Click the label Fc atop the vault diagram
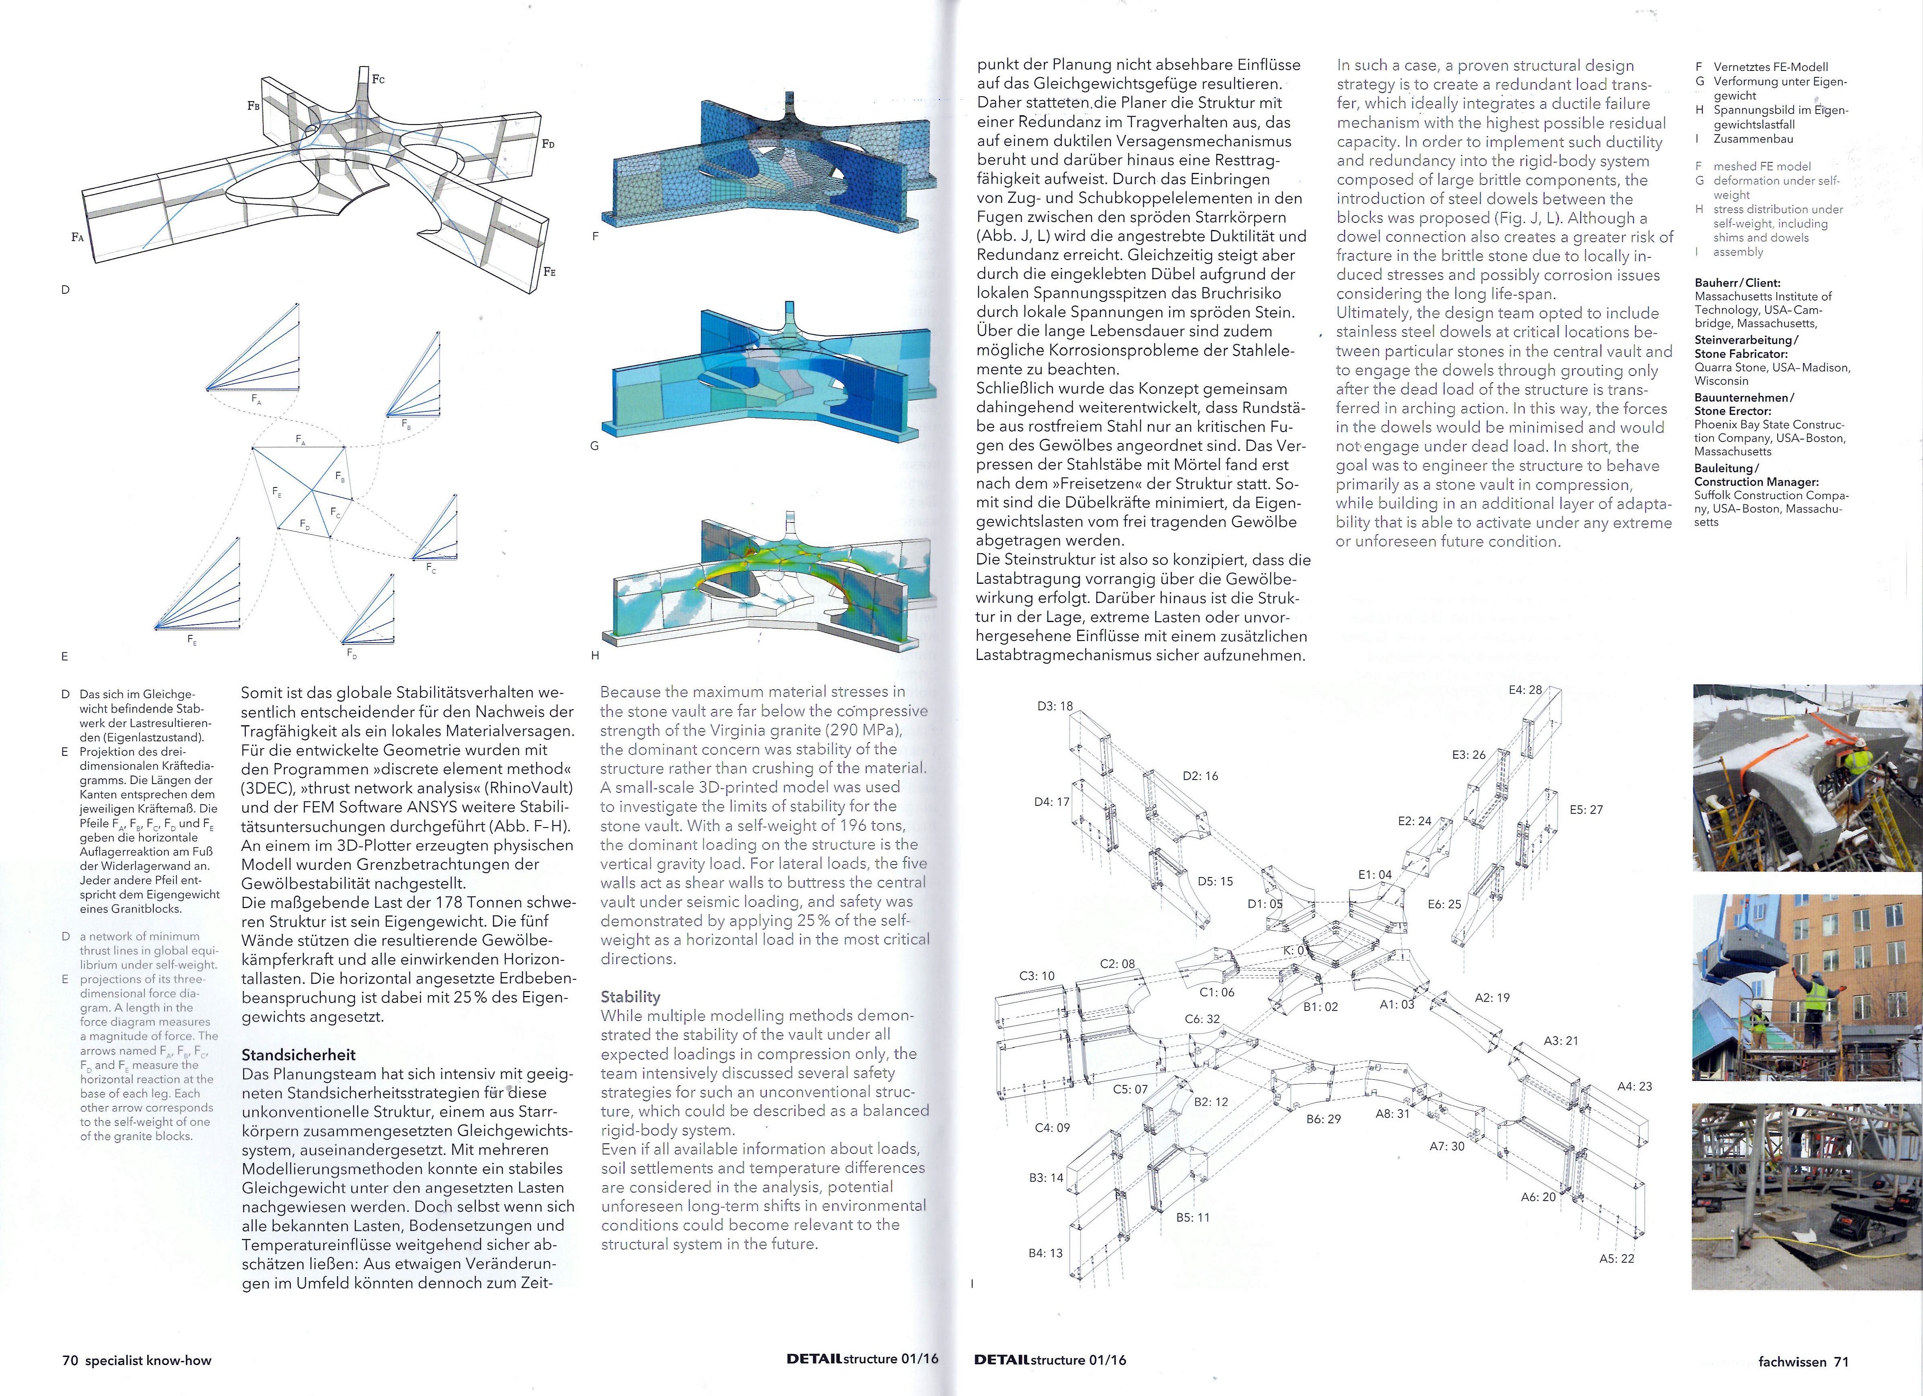click(x=378, y=80)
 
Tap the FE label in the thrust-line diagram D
click(x=549, y=272)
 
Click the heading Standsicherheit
click(x=299, y=1054)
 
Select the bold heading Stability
click(x=630, y=997)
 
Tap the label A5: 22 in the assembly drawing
click(x=1616, y=1259)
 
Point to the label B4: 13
click(x=1045, y=1253)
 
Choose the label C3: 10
click(x=1036, y=976)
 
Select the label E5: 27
click(x=1586, y=809)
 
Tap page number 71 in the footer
click(x=1841, y=1361)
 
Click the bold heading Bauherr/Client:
click(x=1737, y=283)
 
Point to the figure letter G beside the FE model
click(x=594, y=446)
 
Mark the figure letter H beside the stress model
click(x=594, y=655)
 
